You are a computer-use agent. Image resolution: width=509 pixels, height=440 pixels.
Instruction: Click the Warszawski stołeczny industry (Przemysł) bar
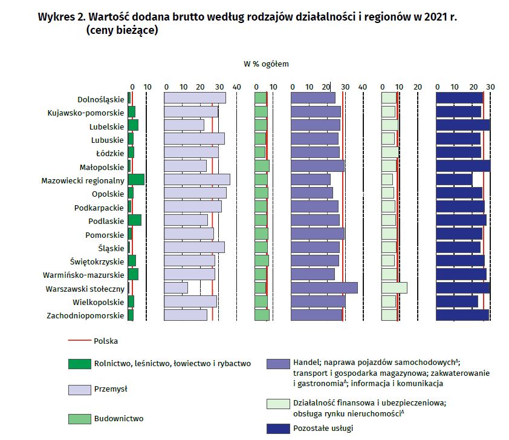pos(176,288)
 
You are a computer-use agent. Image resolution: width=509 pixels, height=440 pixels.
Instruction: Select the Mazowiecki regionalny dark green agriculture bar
pos(136,179)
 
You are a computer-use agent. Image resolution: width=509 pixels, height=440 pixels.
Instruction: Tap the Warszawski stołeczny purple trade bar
pos(324,288)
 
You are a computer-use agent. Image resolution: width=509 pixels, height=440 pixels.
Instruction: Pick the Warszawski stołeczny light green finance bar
pos(394,288)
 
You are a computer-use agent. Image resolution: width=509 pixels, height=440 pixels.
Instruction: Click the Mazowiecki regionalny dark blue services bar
pos(454,179)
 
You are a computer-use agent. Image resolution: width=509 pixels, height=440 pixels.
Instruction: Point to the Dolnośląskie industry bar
pos(195,98)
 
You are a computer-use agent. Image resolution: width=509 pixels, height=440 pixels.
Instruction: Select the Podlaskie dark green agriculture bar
pos(134,220)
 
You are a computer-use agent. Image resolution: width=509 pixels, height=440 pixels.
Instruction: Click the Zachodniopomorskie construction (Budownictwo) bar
pos(262,315)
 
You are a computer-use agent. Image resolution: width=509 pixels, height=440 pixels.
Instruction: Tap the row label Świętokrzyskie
pos(97,261)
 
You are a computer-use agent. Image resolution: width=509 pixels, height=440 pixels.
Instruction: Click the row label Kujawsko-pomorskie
pos(86,112)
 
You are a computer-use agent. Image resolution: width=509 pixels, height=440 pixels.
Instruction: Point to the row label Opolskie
pos(108,193)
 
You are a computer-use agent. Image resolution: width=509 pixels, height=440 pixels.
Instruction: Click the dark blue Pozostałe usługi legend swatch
pos(277,428)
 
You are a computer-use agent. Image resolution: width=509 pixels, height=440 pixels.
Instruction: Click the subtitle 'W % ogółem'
pos(266,63)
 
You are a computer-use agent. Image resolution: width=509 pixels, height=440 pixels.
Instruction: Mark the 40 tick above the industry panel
pos(236,87)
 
